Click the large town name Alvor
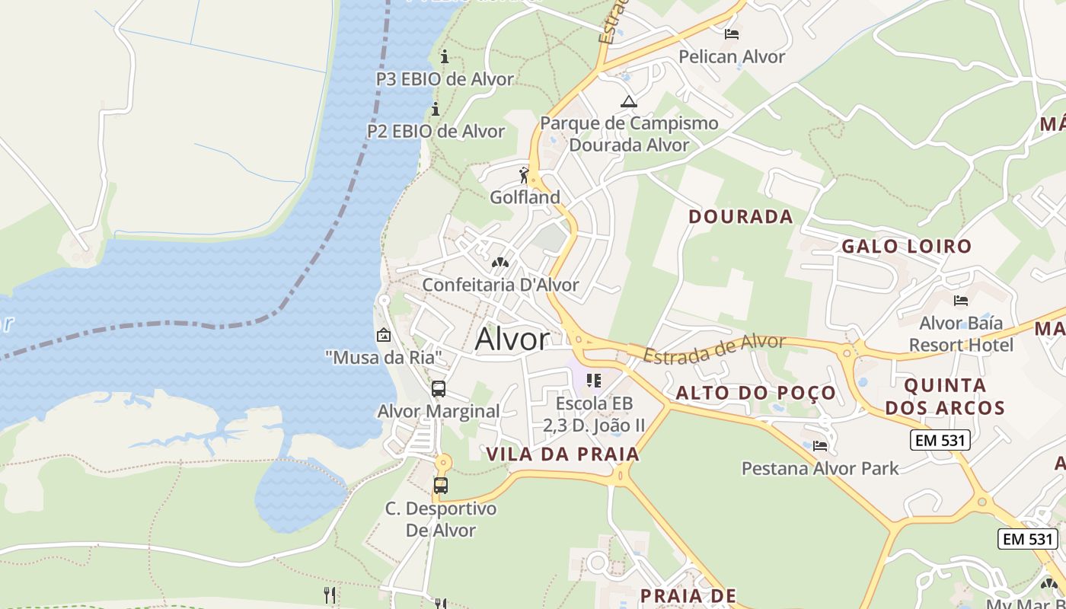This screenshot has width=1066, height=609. (x=512, y=340)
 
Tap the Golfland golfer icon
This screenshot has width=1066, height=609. (x=524, y=176)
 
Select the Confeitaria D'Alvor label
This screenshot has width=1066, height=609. (x=500, y=285)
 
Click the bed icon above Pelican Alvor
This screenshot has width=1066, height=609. (x=732, y=34)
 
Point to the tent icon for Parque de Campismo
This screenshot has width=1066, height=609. (x=628, y=101)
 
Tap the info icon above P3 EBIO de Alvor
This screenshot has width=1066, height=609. (x=445, y=57)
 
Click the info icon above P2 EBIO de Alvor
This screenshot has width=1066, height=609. (x=436, y=110)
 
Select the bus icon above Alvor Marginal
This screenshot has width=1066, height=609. (x=439, y=389)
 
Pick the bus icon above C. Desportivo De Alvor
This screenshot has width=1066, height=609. (x=441, y=486)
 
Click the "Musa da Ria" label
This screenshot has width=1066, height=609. (x=383, y=356)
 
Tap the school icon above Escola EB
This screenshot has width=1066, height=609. (x=594, y=381)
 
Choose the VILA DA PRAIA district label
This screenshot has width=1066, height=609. (x=563, y=454)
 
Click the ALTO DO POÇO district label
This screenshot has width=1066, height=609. (x=755, y=394)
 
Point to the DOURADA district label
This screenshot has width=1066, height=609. (x=740, y=217)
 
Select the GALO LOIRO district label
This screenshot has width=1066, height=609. (x=906, y=247)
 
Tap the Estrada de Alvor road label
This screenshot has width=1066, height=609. (x=713, y=348)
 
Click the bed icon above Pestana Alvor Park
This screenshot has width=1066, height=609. (x=820, y=446)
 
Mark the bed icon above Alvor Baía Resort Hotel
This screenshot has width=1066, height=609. (x=961, y=301)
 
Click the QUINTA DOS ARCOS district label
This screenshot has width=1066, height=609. (x=945, y=397)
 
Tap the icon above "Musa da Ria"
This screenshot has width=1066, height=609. (x=383, y=335)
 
